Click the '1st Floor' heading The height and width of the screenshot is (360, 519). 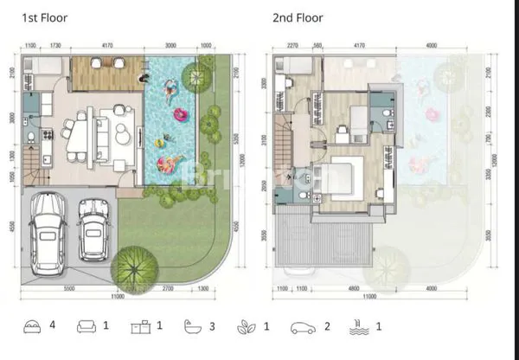(44, 16)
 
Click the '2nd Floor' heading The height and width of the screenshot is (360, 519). (298, 16)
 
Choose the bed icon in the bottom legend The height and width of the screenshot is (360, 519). (31, 327)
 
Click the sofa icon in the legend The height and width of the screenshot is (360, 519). (86, 327)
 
